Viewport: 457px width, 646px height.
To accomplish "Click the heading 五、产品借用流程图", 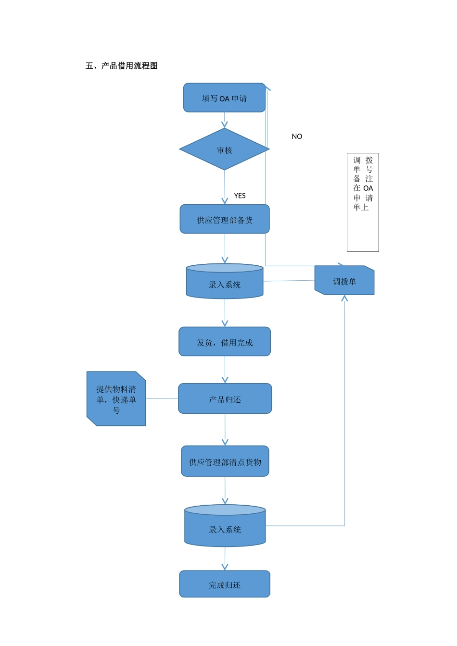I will [x=122, y=66].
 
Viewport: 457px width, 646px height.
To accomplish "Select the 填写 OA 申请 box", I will [x=224, y=98].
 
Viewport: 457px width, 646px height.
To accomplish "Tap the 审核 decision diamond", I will [x=224, y=149].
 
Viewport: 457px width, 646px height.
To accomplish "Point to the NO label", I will [x=297, y=137].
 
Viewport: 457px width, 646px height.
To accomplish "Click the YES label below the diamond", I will [x=240, y=196].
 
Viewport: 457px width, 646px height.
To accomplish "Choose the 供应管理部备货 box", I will [x=225, y=220].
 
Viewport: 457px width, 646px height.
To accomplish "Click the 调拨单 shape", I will [x=344, y=281].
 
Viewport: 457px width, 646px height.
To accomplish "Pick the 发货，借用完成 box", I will [x=225, y=342].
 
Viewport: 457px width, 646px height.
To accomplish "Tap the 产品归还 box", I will [x=225, y=399].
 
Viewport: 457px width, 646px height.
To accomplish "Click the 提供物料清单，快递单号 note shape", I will [x=116, y=399].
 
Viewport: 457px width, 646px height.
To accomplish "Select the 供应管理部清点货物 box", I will [x=225, y=461].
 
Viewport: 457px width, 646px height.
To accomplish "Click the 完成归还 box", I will [x=225, y=584].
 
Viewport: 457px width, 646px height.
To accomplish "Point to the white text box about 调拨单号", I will [x=363, y=202].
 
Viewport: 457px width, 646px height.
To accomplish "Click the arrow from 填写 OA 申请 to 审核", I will [x=224, y=120].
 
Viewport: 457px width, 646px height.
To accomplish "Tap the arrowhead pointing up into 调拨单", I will [x=344, y=298].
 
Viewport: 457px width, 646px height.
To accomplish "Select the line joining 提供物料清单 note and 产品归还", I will [x=162, y=398].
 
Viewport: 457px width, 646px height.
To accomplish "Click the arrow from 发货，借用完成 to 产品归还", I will [x=225, y=370].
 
